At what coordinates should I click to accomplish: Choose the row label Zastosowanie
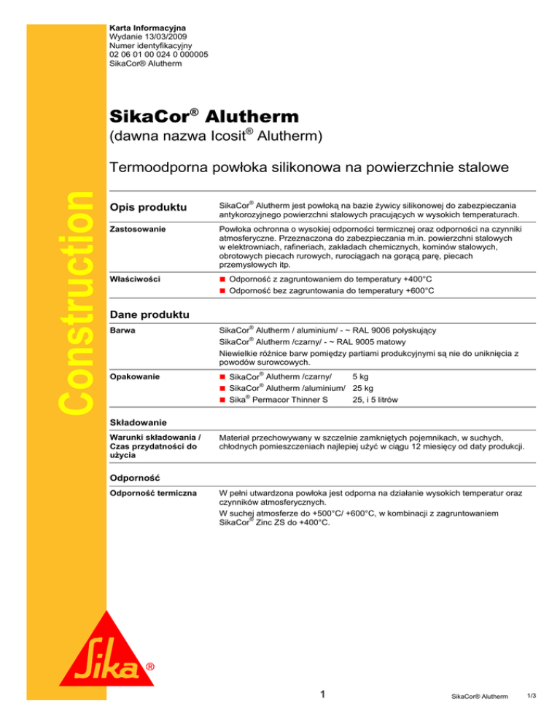[x=136, y=229]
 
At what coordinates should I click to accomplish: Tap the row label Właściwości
[x=133, y=279]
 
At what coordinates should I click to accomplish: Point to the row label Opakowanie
[x=132, y=376]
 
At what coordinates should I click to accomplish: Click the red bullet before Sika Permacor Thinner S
[x=223, y=401]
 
